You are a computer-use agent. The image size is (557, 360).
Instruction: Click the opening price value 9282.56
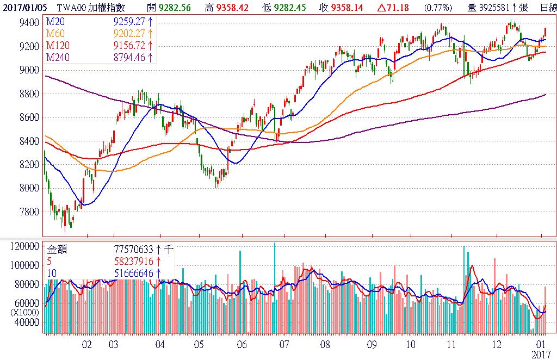click(x=179, y=8)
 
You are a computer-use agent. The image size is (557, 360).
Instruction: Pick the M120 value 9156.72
click(x=129, y=45)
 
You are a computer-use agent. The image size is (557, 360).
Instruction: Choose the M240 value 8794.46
click(x=129, y=57)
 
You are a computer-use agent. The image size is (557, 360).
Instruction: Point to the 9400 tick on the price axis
click(x=28, y=23)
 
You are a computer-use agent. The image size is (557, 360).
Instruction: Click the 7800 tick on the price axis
click(x=28, y=212)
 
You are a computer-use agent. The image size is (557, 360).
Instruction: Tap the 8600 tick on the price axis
click(x=28, y=117)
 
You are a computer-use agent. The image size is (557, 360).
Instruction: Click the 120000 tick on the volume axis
click(x=24, y=246)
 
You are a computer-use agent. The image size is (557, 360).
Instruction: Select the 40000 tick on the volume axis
click(x=27, y=322)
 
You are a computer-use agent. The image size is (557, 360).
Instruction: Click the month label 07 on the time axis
click(x=283, y=344)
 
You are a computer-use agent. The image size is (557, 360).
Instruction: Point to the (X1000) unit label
click(x=24, y=312)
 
